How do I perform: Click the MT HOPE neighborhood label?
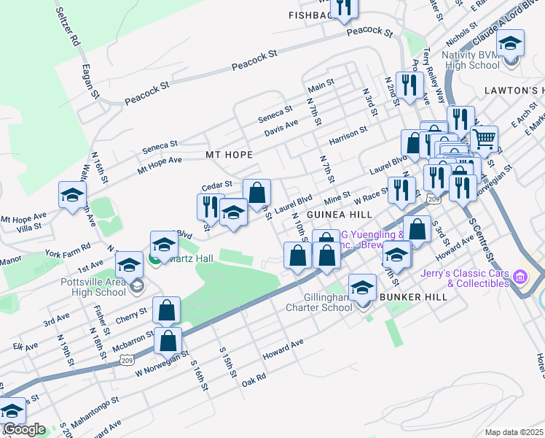point(229,155)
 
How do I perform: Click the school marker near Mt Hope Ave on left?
point(73,195)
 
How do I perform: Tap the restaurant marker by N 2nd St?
point(412,85)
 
